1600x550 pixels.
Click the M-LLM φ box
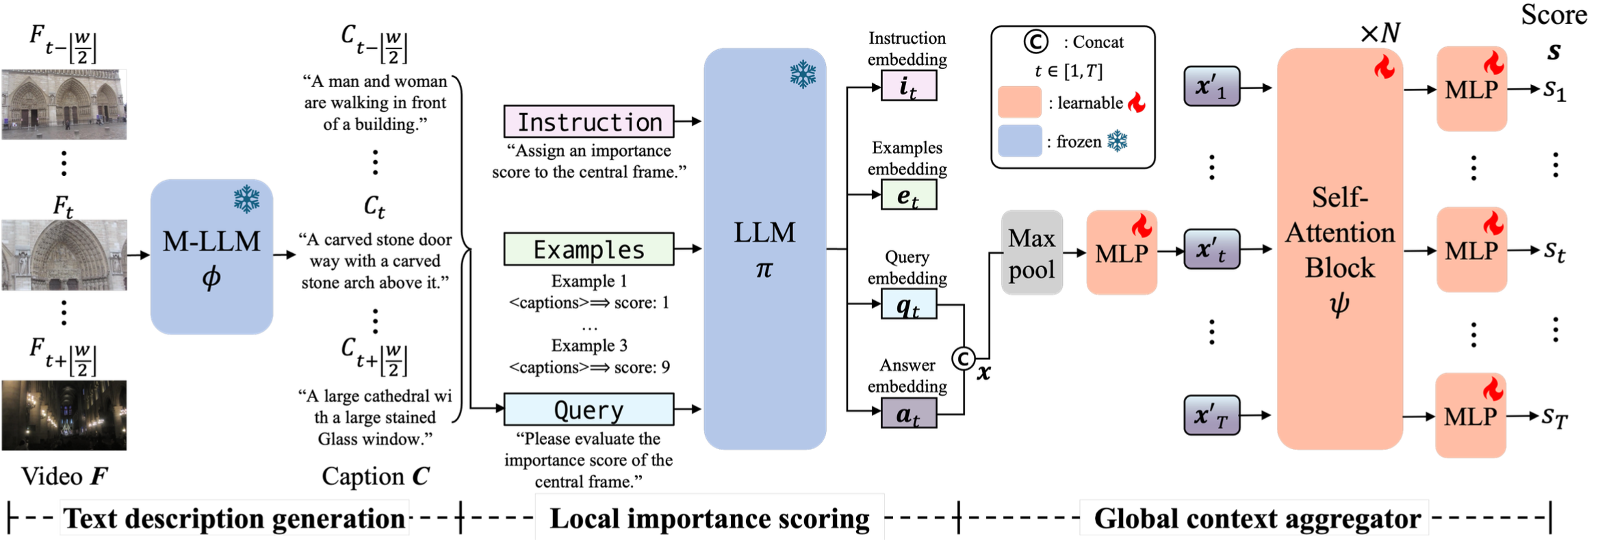(x=211, y=257)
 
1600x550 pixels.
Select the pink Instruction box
(x=589, y=122)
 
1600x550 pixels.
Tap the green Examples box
(x=589, y=249)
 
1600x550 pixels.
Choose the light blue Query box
(x=589, y=409)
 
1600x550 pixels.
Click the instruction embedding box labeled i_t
(x=909, y=87)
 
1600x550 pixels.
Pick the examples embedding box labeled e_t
(x=909, y=195)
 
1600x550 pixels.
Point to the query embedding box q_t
(x=909, y=304)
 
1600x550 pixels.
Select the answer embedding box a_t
(x=909, y=413)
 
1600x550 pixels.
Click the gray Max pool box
(x=1032, y=252)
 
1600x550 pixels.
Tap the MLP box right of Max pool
(x=1122, y=252)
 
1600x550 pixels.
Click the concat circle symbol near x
(x=964, y=358)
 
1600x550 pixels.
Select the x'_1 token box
(x=1212, y=86)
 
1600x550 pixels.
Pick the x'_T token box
(x=1212, y=415)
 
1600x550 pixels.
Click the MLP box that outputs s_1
(x=1471, y=89)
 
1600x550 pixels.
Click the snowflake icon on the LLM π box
(x=803, y=74)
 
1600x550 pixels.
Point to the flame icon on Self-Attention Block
(x=1384, y=67)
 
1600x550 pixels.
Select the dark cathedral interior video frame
(x=64, y=415)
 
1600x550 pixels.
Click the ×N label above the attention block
(x=1380, y=33)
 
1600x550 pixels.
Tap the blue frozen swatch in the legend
(x=1020, y=141)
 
